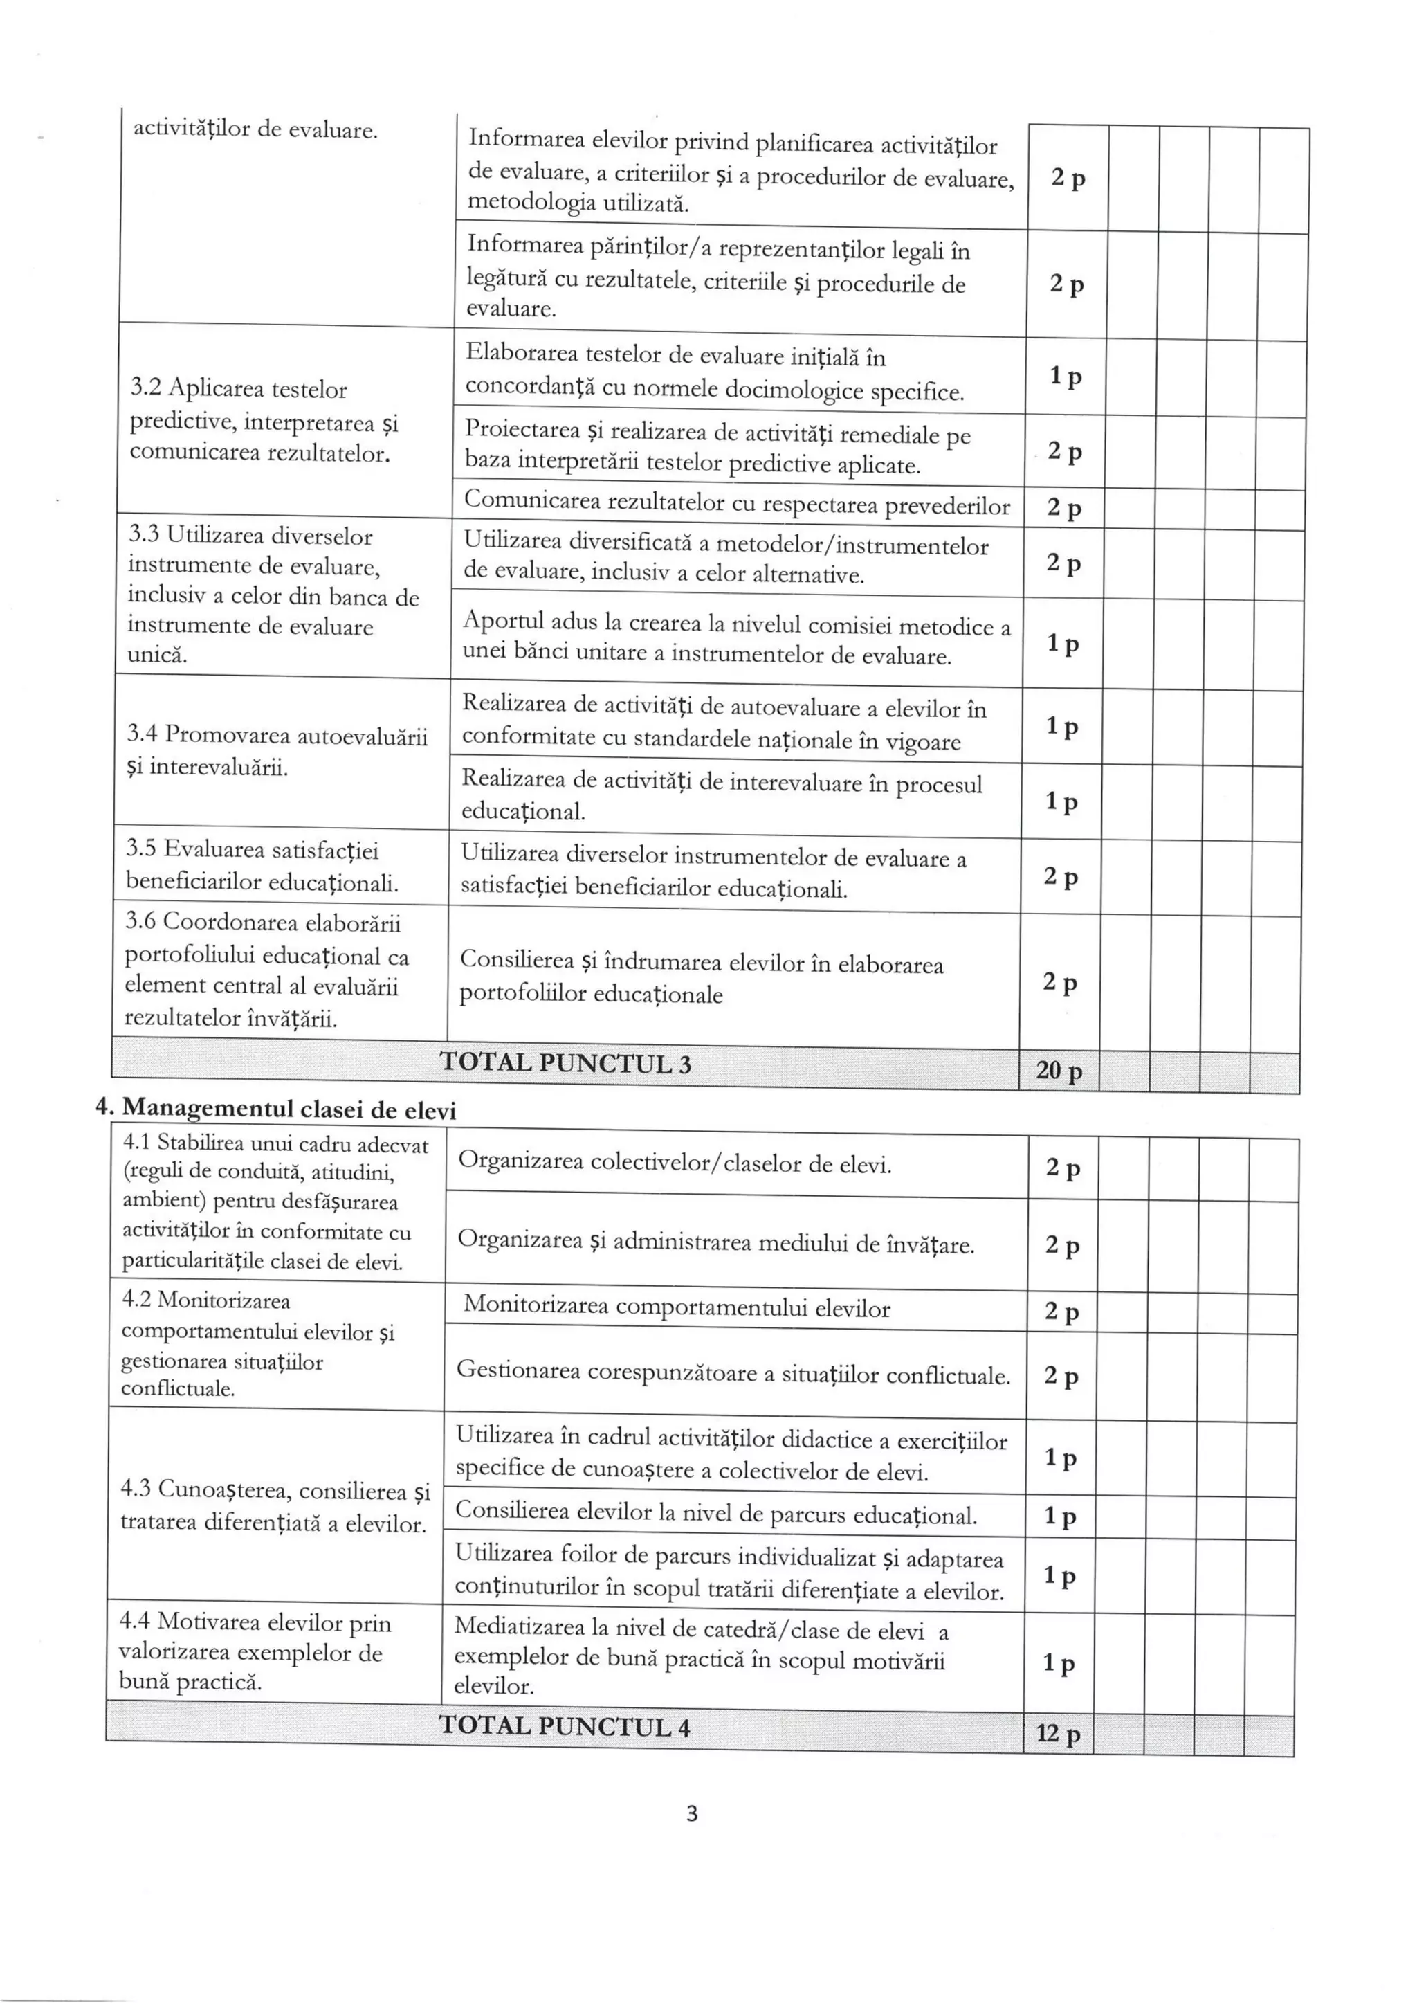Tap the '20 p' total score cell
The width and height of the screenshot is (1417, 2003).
click(1059, 1071)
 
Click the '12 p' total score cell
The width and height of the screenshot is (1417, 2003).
click(1057, 1733)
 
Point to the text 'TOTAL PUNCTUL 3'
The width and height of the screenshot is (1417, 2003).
click(565, 1063)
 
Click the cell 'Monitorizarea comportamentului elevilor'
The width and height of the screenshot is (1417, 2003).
click(676, 1307)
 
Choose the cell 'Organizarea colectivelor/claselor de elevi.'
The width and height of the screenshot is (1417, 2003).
click(675, 1163)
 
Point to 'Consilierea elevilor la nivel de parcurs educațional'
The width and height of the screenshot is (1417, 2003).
click(715, 1514)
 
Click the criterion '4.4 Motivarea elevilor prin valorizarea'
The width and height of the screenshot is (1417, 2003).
click(255, 1651)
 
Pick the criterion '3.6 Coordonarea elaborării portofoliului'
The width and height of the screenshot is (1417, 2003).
click(266, 970)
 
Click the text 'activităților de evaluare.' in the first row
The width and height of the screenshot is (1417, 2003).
click(255, 130)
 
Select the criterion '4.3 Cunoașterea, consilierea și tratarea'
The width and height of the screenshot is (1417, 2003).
click(275, 1507)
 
